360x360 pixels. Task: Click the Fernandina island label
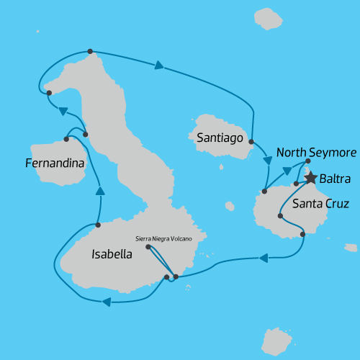(x=55, y=163)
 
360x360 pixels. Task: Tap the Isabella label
(x=112, y=253)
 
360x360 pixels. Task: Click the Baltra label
(x=336, y=177)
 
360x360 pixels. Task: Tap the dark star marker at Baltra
(x=310, y=177)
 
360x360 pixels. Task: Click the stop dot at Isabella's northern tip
(x=89, y=51)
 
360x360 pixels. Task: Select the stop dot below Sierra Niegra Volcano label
(x=148, y=247)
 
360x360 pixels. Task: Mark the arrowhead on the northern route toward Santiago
(x=158, y=66)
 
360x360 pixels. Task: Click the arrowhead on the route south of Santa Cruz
(x=264, y=257)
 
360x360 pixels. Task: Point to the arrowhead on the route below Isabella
(x=107, y=302)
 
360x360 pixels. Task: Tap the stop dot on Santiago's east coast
(x=251, y=142)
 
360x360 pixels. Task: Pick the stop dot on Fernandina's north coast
(x=66, y=139)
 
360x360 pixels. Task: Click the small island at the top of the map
(x=269, y=19)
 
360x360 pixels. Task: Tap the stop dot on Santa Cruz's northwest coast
(x=264, y=192)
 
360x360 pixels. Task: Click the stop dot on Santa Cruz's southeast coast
(x=302, y=234)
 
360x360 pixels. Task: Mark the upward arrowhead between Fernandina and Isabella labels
(x=100, y=191)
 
